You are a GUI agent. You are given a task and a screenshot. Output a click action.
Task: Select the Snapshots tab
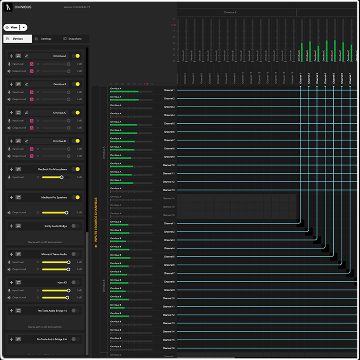72,39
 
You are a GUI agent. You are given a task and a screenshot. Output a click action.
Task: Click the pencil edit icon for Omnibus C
26,112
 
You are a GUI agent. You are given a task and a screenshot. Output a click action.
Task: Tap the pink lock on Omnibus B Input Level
31,92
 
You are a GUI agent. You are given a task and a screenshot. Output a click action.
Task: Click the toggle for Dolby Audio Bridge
75,226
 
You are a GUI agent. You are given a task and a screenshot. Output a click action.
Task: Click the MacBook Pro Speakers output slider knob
67,213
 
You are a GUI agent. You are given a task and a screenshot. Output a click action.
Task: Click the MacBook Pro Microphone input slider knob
61,177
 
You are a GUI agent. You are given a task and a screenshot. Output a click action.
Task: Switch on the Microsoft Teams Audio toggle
75,254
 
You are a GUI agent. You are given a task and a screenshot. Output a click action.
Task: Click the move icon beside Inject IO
11,283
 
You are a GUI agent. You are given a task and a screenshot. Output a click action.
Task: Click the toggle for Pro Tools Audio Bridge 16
75,311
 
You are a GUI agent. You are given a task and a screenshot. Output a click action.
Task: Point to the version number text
75,7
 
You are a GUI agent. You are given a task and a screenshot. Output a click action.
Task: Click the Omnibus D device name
60,141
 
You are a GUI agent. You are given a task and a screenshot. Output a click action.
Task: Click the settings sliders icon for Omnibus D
18,141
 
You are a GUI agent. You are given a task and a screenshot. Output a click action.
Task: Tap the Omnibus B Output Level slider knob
68,99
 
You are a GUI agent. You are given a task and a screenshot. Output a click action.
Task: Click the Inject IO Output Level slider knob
68,298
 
